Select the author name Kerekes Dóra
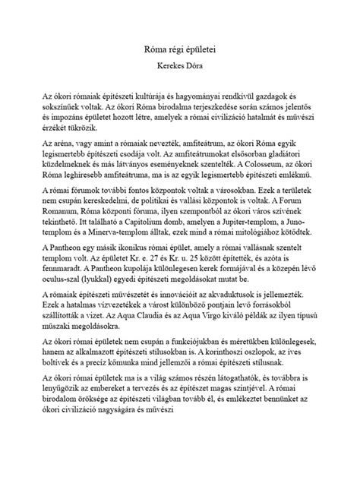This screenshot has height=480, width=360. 179,66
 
